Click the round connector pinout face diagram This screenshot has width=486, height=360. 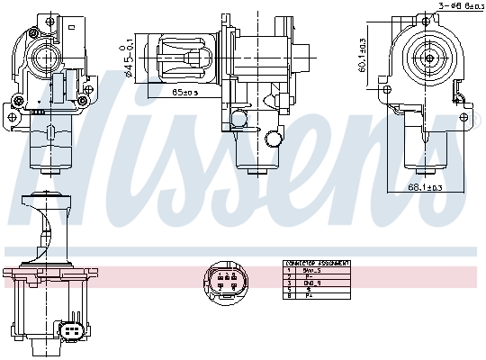click(224, 280)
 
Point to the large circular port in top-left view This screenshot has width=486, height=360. click(43, 59)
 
